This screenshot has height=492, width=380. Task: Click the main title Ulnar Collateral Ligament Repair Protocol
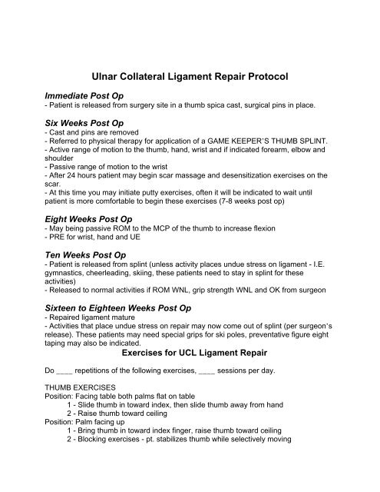[x=190, y=78]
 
